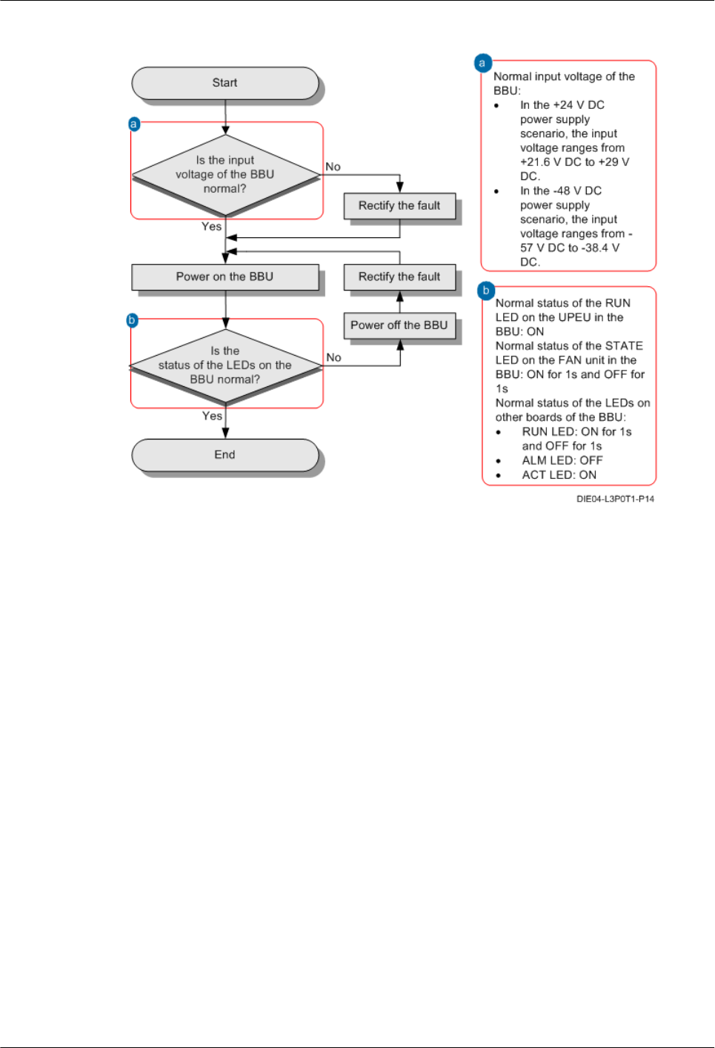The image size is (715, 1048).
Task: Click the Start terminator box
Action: click(x=225, y=83)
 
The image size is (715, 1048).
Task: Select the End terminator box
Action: click(x=225, y=455)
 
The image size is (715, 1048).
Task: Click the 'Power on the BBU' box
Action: click(x=225, y=277)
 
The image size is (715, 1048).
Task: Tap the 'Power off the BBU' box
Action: click(x=399, y=325)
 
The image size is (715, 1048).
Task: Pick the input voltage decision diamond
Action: click(x=225, y=175)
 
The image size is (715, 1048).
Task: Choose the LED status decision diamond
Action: click(x=225, y=365)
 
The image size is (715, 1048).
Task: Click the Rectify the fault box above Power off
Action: click(x=399, y=277)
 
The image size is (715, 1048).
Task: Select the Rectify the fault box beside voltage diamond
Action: click(x=399, y=206)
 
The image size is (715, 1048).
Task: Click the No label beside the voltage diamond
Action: click(x=333, y=167)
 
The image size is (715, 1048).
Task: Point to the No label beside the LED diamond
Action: click(x=334, y=357)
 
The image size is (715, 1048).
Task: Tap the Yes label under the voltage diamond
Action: click(x=212, y=227)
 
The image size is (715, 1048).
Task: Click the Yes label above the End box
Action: click(x=212, y=416)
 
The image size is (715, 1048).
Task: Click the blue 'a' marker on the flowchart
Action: click(x=134, y=124)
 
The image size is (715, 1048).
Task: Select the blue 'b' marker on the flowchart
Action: click(x=133, y=320)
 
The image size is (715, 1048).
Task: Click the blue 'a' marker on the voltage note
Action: click(x=483, y=63)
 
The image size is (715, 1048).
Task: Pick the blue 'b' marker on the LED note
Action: click(x=486, y=291)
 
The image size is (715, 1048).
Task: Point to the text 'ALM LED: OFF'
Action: click(x=562, y=460)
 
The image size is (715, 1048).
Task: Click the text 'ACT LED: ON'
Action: click(x=559, y=475)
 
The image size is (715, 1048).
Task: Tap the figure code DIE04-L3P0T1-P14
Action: click(x=615, y=499)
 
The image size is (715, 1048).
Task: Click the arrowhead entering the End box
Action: click(x=225, y=434)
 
